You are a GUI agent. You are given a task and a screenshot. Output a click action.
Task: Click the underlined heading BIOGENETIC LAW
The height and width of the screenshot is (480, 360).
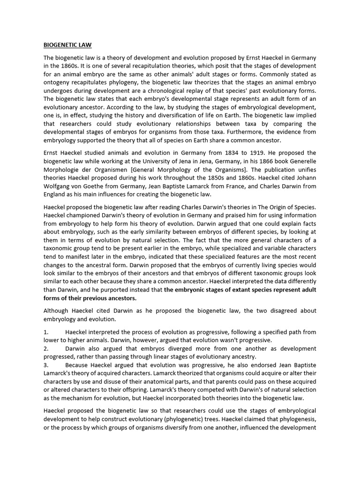[67, 45]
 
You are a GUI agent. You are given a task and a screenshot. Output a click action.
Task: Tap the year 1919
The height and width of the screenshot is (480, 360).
[286, 153]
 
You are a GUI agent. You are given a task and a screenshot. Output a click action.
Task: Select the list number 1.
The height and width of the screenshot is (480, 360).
[46, 332]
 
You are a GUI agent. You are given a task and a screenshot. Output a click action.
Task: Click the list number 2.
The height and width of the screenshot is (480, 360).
[46, 349]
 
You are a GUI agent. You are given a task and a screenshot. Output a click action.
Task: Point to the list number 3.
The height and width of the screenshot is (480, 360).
[46, 365]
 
